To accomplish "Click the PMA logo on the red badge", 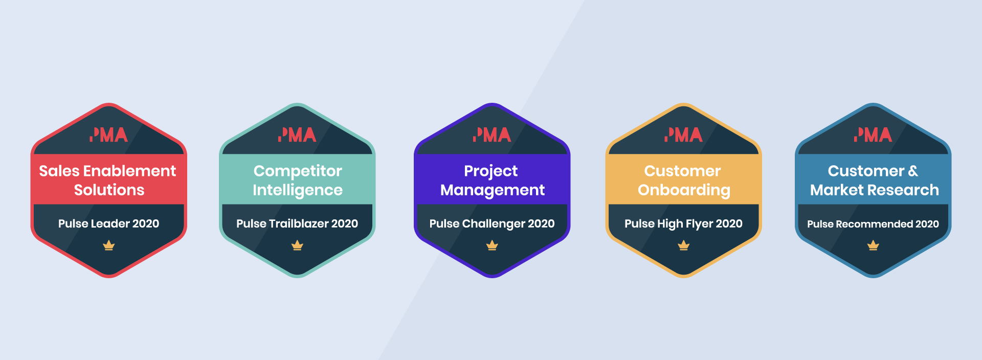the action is click(108, 134).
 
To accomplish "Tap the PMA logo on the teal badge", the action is click(297, 134).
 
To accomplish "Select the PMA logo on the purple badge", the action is click(492, 134).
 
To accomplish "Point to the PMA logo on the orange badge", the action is click(683, 134).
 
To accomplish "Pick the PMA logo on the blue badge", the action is click(873, 134).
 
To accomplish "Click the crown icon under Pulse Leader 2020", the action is click(109, 246).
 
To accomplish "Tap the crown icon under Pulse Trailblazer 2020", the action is click(297, 246).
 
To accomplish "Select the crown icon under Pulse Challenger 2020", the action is click(492, 246).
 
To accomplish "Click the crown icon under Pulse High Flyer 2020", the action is click(684, 246).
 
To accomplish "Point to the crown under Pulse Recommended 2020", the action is click(873, 246).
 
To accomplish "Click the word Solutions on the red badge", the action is click(109, 190).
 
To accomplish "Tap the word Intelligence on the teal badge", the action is click(298, 191).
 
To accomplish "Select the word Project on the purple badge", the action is click(491, 172).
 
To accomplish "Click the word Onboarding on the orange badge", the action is click(684, 191).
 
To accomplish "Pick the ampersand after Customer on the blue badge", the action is click(913, 171).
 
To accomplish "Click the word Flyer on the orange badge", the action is click(699, 224).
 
